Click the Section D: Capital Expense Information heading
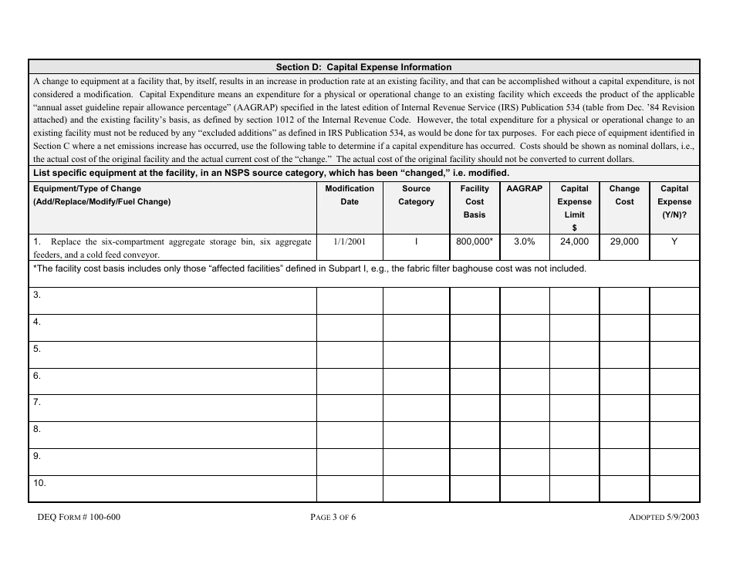point(363,67)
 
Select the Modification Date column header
point(350,195)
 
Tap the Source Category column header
point(416,195)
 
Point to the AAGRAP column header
point(524,188)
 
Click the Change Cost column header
point(624,195)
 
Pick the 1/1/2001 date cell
point(350,241)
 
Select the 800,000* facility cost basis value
point(474,241)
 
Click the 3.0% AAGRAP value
point(524,241)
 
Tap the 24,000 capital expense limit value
point(574,241)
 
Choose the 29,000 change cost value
point(624,241)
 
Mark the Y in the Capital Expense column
point(674,241)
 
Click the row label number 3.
point(37,295)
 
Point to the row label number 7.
point(37,403)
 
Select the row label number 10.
point(39,483)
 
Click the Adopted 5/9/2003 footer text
point(664,518)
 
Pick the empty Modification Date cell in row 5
point(350,354)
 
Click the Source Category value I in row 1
point(416,241)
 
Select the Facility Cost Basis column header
point(474,201)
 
